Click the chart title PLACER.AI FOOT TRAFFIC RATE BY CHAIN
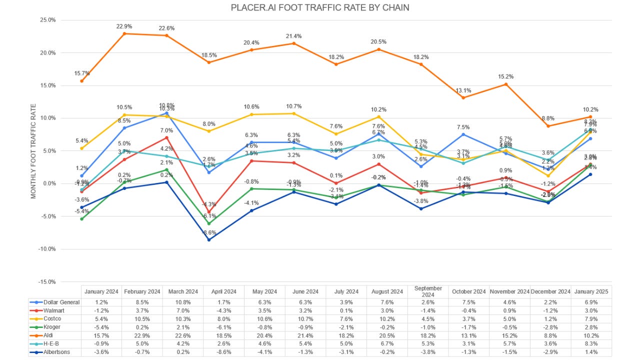pyautogui.click(x=320, y=7)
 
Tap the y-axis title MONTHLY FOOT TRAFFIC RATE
pyautogui.click(x=33, y=151)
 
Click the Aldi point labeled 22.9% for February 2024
pyautogui.click(x=123, y=33)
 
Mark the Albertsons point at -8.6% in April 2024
pyautogui.click(x=208, y=239)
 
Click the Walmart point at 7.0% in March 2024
pyautogui.click(x=166, y=137)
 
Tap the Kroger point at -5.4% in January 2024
pyautogui.click(x=81, y=218)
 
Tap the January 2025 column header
pyautogui.click(x=591, y=291)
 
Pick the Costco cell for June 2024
pyautogui.click(x=305, y=319)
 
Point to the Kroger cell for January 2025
pyautogui.click(x=591, y=327)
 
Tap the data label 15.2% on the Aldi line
pyautogui.click(x=506, y=76)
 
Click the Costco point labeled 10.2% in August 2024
pyautogui.click(x=378, y=117)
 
